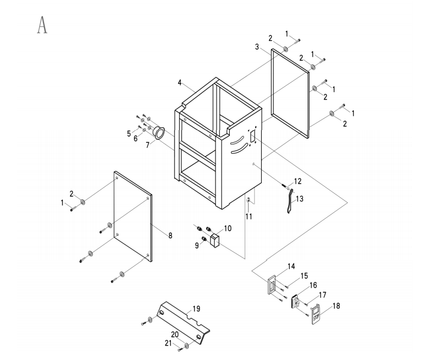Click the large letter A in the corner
[x=41, y=25]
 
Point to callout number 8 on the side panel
[x=170, y=235]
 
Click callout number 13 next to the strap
[x=300, y=198]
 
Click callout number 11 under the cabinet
[x=249, y=217]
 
